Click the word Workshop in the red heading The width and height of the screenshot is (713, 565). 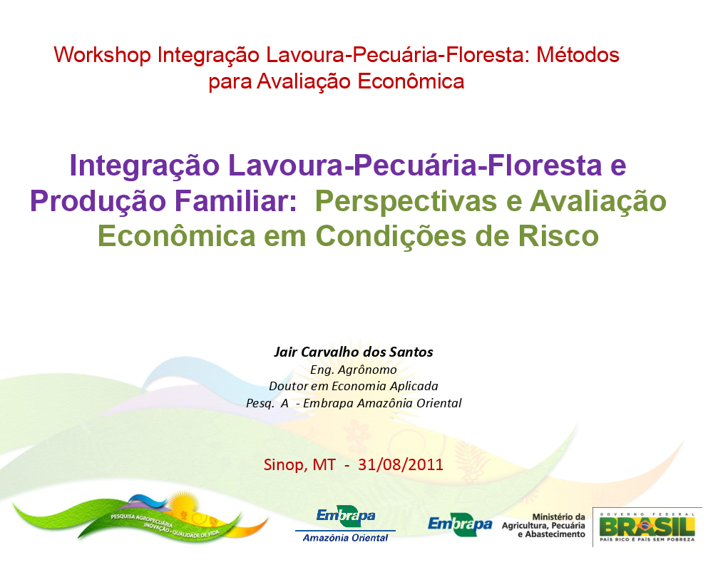(102, 55)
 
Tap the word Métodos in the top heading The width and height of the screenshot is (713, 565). (578, 55)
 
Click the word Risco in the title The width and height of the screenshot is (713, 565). (558, 235)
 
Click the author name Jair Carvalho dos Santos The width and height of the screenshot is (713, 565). (354, 352)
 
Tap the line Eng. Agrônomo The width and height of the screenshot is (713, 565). (354, 370)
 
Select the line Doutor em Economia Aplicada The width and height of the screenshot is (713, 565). (354, 386)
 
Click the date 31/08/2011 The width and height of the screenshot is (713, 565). (401, 464)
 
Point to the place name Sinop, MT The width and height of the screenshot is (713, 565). (299, 465)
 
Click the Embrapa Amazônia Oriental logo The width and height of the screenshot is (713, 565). (346, 524)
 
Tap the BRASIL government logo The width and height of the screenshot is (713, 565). (647, 526)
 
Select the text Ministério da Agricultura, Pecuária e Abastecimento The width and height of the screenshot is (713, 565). (544, 526)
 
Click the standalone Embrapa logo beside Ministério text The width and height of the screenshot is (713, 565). (460, 525)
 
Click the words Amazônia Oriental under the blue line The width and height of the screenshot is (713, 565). (346, 538)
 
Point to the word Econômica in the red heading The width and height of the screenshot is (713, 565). (411, 82)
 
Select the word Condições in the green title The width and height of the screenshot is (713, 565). (391, 237)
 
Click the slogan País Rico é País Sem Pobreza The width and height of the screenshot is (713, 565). (647, 539)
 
